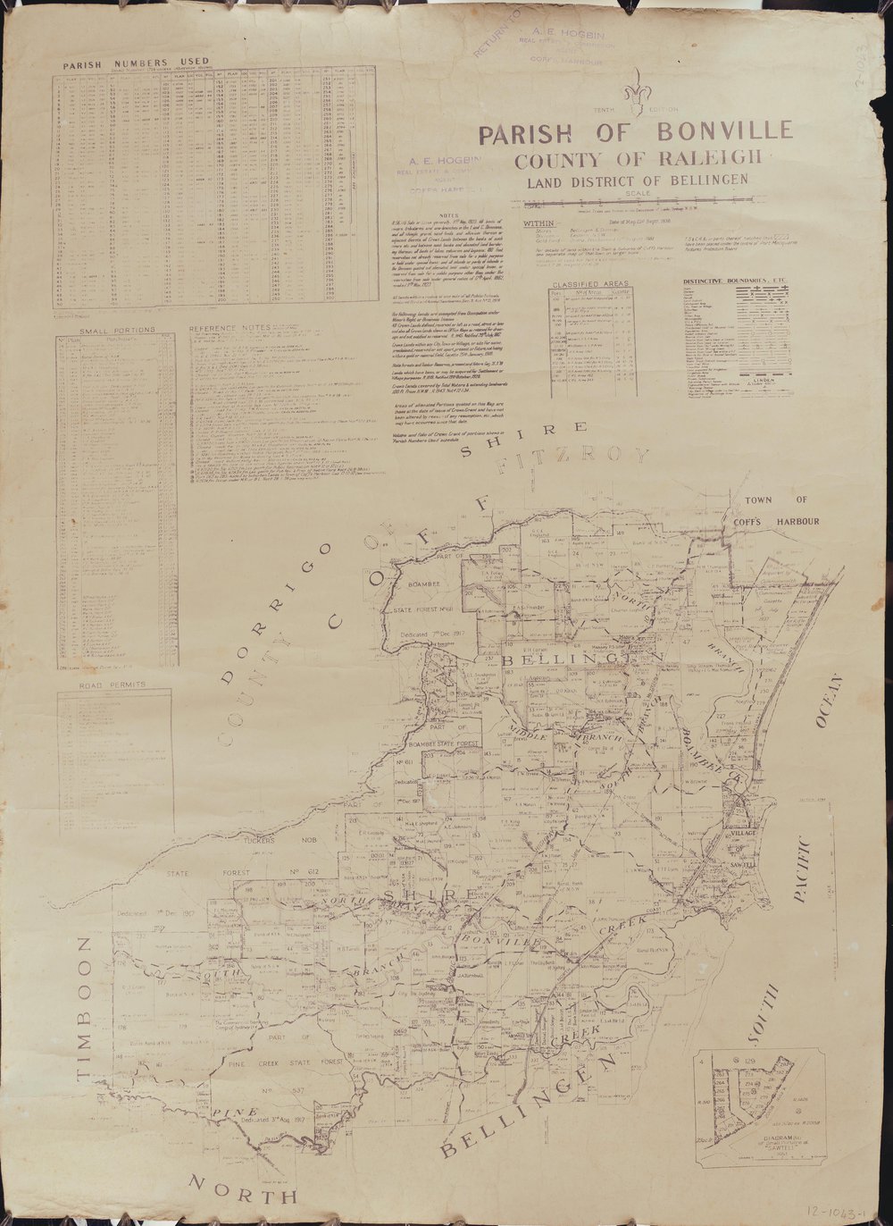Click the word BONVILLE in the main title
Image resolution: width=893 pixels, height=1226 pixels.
click(724, 130)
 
